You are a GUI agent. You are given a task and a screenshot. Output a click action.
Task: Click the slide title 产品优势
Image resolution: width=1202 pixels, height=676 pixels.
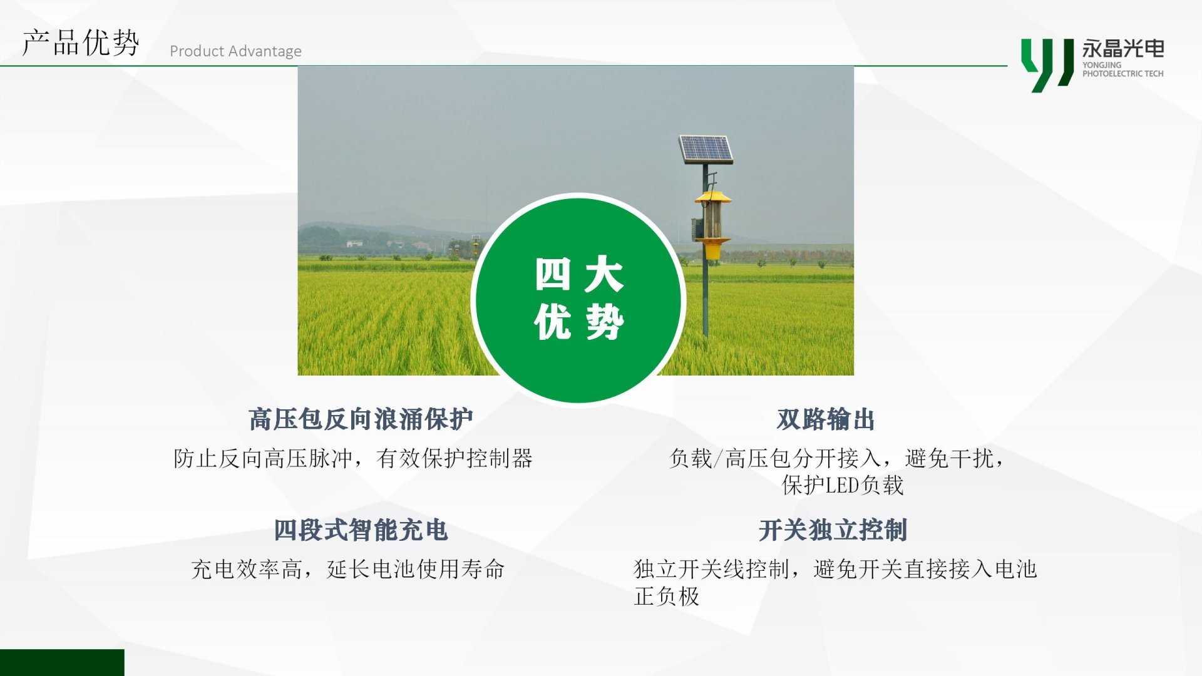coord(80,43)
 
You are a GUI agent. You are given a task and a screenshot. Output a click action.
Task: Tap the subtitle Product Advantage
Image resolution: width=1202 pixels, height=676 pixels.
coord(235,51)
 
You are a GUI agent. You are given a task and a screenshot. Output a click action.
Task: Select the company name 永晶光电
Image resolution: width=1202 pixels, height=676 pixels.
coord(1123,48)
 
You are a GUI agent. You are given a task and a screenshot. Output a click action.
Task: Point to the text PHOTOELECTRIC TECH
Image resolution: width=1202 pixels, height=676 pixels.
coord(1123,73)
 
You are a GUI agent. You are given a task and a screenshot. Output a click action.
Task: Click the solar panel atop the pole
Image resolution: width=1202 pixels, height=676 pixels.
coord(706,149)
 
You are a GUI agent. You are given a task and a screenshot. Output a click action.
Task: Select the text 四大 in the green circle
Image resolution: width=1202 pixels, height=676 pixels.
coord(579,274)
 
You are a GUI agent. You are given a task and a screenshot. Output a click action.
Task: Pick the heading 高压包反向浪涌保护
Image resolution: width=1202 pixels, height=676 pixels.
coord(361,419)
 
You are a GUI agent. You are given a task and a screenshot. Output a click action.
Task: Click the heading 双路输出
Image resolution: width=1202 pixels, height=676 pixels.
coord(826,419)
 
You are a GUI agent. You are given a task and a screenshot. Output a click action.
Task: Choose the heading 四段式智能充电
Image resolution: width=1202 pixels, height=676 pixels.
coord(361,530)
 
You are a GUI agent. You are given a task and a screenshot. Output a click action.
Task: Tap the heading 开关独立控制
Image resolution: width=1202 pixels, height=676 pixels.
coord(833,530)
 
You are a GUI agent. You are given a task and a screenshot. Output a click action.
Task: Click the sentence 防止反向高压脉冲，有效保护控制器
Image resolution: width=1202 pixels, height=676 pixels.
coord(353,458)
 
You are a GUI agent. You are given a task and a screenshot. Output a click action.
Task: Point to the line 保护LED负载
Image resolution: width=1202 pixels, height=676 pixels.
coord(843,485)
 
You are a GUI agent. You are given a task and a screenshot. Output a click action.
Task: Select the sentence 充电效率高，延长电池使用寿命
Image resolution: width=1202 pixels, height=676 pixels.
coord(347,569)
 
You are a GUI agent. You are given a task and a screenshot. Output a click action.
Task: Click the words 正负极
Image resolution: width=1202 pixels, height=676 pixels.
coord(666,596)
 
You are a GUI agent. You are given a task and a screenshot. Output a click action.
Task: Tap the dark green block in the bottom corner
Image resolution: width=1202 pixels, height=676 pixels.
coord(62,662)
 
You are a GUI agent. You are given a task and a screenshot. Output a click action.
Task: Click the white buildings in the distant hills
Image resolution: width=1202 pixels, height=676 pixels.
coord(354,243)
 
